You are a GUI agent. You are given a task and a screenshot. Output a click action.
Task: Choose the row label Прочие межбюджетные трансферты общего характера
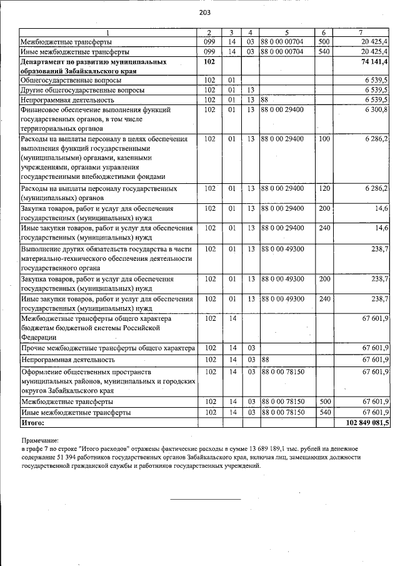[108, 348]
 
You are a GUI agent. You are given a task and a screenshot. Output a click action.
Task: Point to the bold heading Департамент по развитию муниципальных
[93, 63]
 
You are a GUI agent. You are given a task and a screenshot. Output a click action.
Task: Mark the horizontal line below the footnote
[206, 499]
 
